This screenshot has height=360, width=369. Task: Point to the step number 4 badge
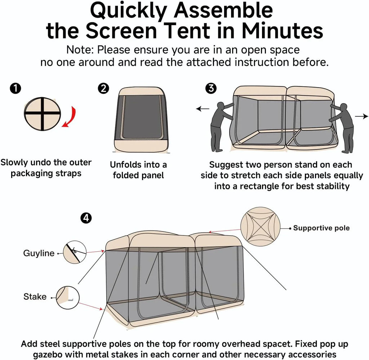86,218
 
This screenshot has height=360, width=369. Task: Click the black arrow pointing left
202,108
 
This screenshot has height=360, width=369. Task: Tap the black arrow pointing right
362,116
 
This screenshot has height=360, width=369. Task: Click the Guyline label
39,253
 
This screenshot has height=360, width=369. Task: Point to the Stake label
35,297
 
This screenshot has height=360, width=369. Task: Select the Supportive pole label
321,228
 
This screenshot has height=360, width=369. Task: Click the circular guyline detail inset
75,252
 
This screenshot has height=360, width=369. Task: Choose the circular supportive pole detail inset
260,227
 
